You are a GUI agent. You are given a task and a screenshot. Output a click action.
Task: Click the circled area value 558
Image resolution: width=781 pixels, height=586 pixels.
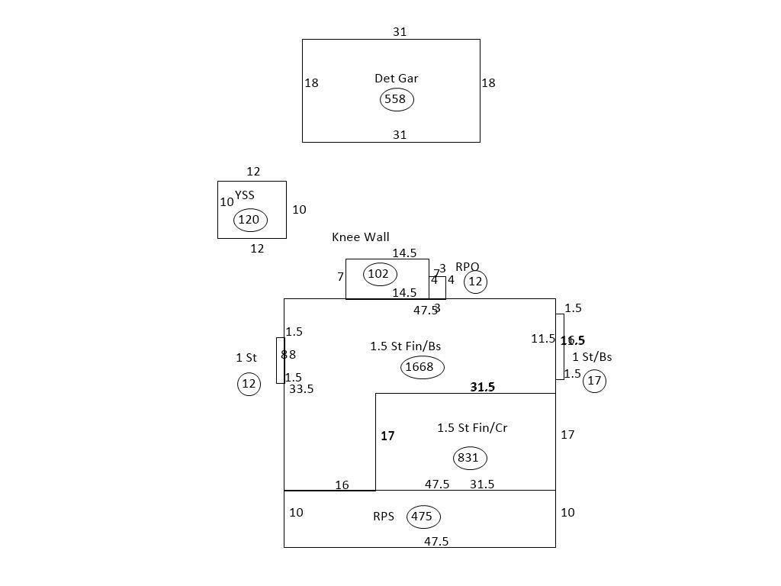point(396,99)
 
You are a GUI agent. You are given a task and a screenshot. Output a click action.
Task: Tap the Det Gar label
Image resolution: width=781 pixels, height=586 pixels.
point(396,78)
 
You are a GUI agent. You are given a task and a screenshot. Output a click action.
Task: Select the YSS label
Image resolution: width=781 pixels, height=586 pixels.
point(245,195)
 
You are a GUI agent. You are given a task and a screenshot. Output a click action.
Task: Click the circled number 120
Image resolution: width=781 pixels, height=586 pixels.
point(249,221)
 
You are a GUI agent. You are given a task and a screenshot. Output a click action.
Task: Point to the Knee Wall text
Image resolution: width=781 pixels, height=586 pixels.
point(360,237)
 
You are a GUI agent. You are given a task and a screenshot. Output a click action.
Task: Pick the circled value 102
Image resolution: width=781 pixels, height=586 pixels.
point(379,274)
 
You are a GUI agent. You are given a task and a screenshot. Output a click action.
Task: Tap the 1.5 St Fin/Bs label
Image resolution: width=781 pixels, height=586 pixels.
point(405,346)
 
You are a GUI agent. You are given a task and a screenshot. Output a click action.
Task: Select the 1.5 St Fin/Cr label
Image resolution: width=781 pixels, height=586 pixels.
point(471,428)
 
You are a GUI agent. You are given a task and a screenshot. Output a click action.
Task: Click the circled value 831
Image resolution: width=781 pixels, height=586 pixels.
point(468,458)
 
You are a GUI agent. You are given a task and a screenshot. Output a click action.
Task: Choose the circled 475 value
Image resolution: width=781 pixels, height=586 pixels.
point(423,517)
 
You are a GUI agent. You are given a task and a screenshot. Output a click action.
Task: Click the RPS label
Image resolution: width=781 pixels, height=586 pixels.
point(384,517)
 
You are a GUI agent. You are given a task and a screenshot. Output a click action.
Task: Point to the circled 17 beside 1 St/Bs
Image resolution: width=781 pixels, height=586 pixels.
point(595,381)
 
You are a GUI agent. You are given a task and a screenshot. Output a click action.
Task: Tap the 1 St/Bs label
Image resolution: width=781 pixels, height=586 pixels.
point(592,357)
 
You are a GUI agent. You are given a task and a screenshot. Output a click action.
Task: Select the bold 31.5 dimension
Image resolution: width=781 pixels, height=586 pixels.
point(482,388)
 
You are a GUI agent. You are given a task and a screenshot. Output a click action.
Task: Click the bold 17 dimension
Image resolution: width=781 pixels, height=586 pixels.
point(387,436)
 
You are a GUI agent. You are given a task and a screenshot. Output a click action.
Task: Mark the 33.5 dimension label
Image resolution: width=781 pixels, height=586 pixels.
point(301,389)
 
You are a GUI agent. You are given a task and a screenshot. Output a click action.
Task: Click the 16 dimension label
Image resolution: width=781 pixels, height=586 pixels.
point(342,485)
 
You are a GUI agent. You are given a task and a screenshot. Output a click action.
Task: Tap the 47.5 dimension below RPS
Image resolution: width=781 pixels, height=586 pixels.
point(436,542)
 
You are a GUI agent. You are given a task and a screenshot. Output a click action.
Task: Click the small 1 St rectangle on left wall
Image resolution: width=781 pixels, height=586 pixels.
point(280,360)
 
